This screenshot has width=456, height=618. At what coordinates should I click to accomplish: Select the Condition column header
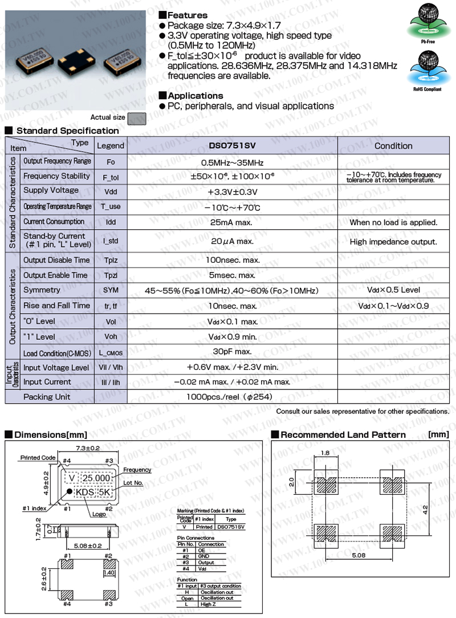(x=393, y=146)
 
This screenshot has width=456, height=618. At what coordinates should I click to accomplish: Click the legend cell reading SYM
(x=111, y=291)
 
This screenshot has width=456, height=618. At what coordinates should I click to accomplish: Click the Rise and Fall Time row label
(x=56, y=306)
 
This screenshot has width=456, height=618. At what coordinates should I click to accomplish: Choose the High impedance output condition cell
(x=393, y=242)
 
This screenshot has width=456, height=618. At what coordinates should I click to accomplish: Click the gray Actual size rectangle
(x=137, y=118)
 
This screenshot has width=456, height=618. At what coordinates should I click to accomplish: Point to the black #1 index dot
(x=69, y=491)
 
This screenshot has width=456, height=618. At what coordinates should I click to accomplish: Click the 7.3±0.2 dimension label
(x=84, y=449)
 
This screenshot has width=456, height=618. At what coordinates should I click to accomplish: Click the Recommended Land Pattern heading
(x=343, y=435)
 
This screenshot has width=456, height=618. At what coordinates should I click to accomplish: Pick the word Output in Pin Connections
(x=206, y=562)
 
